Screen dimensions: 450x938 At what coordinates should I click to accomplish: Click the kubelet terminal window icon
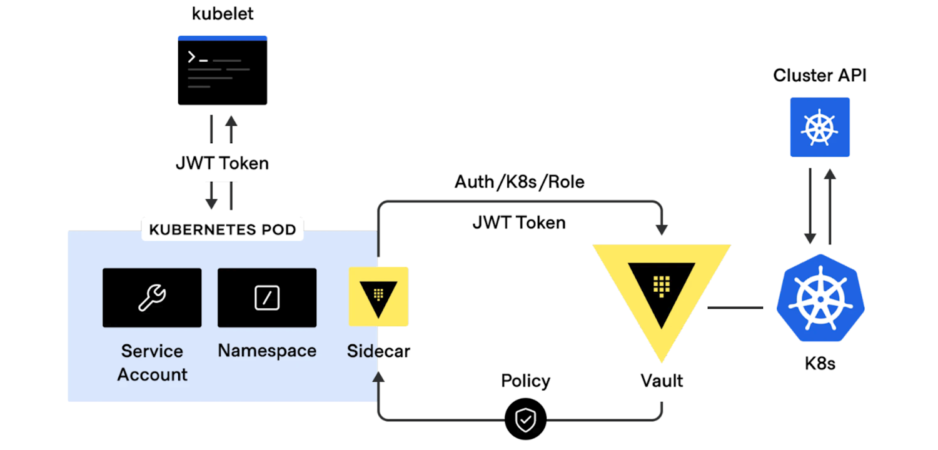coord(222,70)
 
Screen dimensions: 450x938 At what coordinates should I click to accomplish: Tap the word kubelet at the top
coord(223,14)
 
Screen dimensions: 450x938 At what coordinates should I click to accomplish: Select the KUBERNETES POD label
coord(223,229)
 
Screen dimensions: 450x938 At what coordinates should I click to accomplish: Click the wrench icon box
coord(152,297)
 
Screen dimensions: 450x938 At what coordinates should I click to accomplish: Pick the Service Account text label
coord(152,362)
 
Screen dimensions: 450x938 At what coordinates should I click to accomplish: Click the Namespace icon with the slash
coord(267,297)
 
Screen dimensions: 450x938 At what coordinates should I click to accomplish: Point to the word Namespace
coord(267,351)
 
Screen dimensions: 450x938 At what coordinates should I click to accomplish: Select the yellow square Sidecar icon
coord(378,296)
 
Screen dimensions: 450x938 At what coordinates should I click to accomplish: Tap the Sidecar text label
coord(378,351)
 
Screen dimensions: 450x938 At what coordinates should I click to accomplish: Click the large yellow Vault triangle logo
coord(662,287)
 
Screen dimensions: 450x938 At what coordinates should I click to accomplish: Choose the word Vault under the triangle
coord(662,380)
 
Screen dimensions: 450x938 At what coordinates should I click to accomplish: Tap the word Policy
coord(525,381)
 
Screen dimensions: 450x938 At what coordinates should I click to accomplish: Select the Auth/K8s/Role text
coord(519,182)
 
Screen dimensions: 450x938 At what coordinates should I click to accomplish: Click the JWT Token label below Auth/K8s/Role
coord(519,222)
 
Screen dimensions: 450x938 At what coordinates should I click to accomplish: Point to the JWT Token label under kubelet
coord(222,163)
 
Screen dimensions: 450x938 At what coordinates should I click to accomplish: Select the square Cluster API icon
coord(820,127)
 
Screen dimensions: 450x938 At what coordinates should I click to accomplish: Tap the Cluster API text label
coord(820,76)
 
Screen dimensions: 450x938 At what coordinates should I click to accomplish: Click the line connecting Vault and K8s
coord(735,307)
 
